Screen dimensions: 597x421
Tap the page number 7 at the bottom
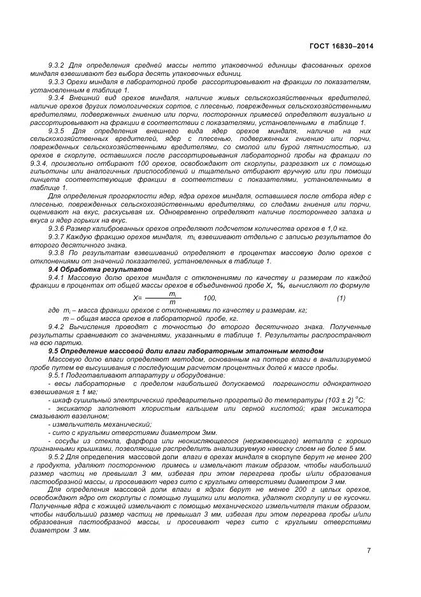pyautogui.click(x=369, y=550)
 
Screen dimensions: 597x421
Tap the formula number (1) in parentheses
pyautogui.click(x=341, y=298)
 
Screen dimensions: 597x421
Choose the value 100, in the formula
pyautogui.click(x=210, y=298)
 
